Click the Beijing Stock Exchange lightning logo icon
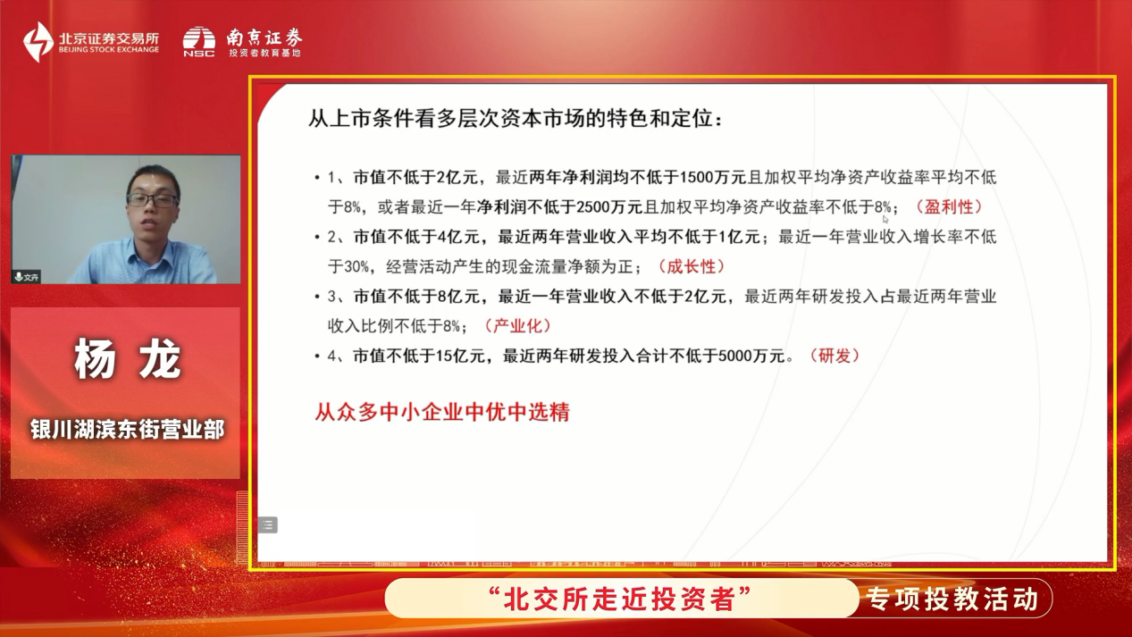[x=38, y=41]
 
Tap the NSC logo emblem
[x=198, y=41]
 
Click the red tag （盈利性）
[x=949, y=206]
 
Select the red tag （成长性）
[x=691, y=266]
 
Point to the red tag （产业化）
[x=517, y=326]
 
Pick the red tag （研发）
[x=834, y=356]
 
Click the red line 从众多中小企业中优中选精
[x=442, y=412]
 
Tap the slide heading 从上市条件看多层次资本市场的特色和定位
[x=516, y=119]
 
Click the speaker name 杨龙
[x=128, y=358]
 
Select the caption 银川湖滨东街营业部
[x=127, y=430]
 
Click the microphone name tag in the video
[x=27, y=277]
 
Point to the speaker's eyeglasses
[x=152, y=200]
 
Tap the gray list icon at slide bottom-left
[x=268, y=524]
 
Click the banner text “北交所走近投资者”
[x=620, y=599]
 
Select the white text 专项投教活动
[x=952, y=599]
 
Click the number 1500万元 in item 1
[x=712, y=177]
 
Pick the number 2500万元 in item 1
[x=609, y=206]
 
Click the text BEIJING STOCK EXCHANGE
[x=109, y=49]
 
